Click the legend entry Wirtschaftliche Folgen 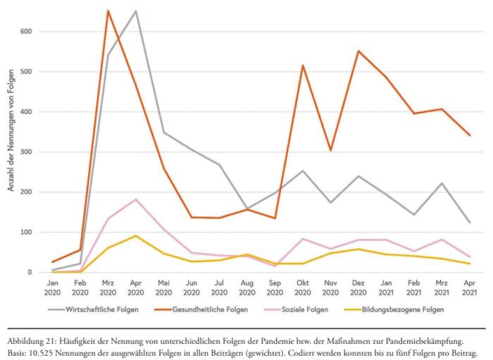coord(106,309)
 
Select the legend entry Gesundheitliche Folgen coord(213,309)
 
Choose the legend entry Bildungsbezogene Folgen coord(404,309)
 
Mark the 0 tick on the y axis coord(28,272)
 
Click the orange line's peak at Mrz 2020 coord(108,11)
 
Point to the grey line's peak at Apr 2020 coord(135,11)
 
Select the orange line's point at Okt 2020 coord(303,66)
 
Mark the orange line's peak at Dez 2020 coord(358,51)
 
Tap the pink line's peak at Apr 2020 coord(135,199)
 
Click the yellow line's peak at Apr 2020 coord(135,236)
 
